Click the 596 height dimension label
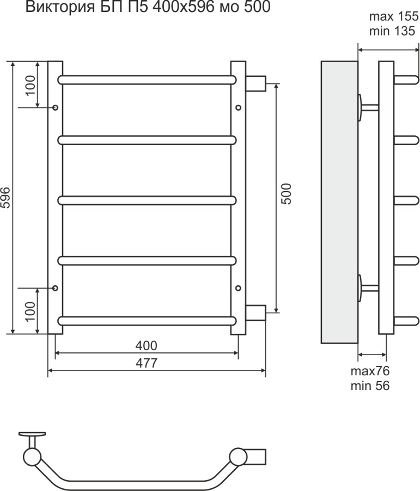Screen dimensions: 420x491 click(x=6, y=197)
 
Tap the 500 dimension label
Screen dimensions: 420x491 click(x=286, y=194)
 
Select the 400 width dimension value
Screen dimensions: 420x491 click(x=147, y=345)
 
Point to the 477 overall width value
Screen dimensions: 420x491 click(x=147, y=363)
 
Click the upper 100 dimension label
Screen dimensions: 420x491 click(x=31, y=86)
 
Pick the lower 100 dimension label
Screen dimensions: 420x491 click(x=31, y=312)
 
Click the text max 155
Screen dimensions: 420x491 click(x=394, y=16)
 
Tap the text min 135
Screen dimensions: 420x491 click(x=392, y=31)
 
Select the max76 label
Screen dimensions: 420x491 click(x=370, y=371)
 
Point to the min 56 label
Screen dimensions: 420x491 click(x=370, y=386)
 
